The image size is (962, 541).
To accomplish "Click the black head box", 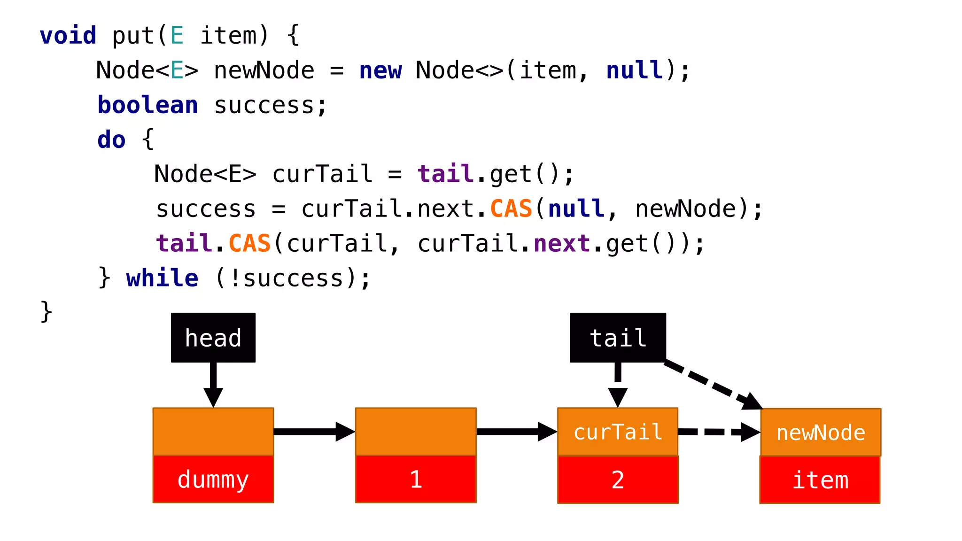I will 213,338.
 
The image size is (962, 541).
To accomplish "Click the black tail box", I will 617,338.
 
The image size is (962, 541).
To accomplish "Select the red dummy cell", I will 213,479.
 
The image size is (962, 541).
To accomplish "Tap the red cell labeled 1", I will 415,479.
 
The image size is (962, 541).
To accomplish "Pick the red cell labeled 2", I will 617,480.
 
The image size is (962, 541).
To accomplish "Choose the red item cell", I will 820,480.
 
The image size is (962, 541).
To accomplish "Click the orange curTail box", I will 617,432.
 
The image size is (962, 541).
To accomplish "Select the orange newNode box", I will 820,432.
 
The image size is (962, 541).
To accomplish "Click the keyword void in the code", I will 68,36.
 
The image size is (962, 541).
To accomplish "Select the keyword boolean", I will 147,105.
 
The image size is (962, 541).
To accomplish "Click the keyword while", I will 162,278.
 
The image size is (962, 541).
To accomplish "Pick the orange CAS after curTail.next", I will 511,209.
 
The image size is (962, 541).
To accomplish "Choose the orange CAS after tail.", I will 249,243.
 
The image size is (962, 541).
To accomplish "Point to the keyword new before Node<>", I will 380,70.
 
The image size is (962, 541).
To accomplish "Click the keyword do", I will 111,139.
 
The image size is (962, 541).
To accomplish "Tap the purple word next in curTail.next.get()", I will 561,243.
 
